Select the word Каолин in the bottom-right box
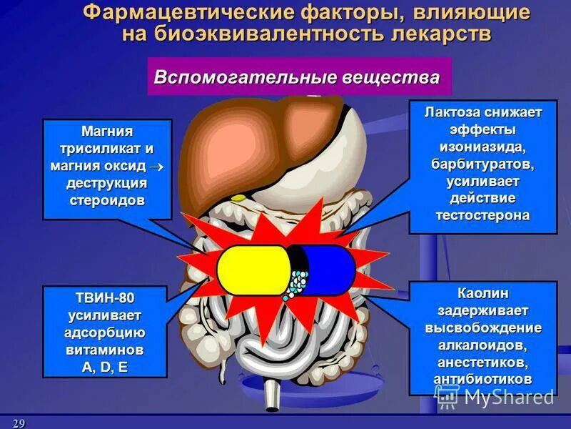click(x=482, y=294)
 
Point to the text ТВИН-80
click(x=105, y=297)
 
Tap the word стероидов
click(x=107, y=199)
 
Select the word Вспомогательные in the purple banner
click(x=227, y=77)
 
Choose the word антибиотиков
click(x=482, y=379)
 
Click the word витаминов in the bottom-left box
click(x=105, y=350)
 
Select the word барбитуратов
click(x=482, y=164)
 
